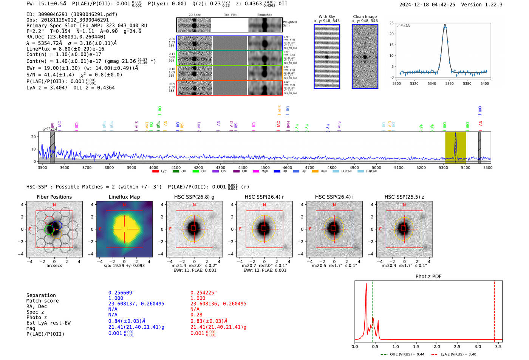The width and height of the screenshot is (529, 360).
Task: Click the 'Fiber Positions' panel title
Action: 54,197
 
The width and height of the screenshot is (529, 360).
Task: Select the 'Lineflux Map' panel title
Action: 124,197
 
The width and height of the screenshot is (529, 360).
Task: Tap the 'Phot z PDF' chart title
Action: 428,276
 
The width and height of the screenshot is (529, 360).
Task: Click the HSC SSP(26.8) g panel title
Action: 194,197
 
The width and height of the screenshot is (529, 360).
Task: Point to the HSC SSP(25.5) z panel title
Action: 404,197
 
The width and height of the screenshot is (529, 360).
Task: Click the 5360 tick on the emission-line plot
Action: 449,83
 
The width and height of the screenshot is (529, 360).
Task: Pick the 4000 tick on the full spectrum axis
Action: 153,167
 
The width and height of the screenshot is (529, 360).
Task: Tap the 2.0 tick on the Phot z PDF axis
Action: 437,346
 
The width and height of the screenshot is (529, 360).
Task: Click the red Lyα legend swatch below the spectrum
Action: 155,172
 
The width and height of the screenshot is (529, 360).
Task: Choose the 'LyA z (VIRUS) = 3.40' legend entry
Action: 458,354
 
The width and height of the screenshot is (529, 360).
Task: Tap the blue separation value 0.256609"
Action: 122,293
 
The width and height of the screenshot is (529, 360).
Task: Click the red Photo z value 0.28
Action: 196,315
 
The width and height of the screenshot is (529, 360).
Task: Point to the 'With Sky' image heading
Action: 327,17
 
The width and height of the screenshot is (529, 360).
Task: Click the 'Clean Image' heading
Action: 365,17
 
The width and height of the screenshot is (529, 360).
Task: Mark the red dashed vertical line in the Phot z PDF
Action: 495,310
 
